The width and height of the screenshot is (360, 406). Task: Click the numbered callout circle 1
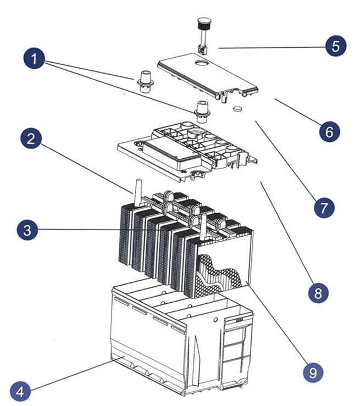click(34, 58)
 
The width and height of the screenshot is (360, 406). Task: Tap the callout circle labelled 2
click(31, 138)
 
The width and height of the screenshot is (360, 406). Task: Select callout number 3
click(27, 230)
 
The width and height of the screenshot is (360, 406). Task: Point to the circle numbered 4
click(20, 392)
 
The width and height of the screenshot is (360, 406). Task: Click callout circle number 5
click(336, 46)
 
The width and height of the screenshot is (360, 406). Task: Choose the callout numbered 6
click(329, 131)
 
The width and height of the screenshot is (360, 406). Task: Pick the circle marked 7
click(324, 208)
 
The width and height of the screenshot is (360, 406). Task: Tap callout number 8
click(318, 293)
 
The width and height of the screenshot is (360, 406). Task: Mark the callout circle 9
click(313, 372)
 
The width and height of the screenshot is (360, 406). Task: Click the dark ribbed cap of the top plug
click(203, 23)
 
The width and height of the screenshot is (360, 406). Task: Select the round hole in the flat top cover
click(203, 63)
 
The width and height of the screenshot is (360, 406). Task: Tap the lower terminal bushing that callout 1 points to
click(202, 112)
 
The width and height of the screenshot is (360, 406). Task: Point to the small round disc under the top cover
click(238, 109)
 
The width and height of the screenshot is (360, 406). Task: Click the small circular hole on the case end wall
click(215, 320)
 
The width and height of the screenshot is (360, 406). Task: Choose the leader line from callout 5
click(272, 47)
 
